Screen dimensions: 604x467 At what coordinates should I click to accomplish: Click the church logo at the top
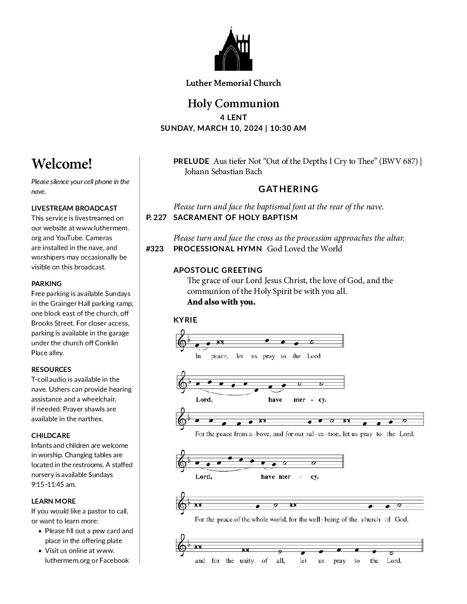(x=233, y=49)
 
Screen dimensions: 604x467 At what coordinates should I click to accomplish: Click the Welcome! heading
(x=62, y=164)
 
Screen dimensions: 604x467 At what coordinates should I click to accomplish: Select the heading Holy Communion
(x=233, y=103)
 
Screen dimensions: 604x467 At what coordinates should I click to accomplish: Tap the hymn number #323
(x=155, y=249)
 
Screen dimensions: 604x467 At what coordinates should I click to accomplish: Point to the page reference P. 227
(x=156, y=217)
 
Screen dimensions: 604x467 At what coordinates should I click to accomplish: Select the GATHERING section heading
(x=288, y=189)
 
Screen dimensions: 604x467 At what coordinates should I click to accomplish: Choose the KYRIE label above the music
(x=185, y=320)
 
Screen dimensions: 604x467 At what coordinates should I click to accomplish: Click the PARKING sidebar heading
(x=46, y=284)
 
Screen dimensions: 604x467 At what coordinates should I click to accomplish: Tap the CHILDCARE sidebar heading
(x=51, y=435)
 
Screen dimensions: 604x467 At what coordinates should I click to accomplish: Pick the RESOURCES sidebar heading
(x=51, y=369)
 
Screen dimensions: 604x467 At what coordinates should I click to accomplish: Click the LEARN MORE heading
(x=53, y=501)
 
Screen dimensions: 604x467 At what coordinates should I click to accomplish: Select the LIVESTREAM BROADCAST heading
(x=74, y=208)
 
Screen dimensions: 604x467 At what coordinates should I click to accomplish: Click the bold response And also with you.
(x=221, y=302)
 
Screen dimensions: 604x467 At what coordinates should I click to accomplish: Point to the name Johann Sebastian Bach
(x=223, y=172)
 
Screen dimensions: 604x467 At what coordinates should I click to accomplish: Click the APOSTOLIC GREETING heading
(x=218, y=270)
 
